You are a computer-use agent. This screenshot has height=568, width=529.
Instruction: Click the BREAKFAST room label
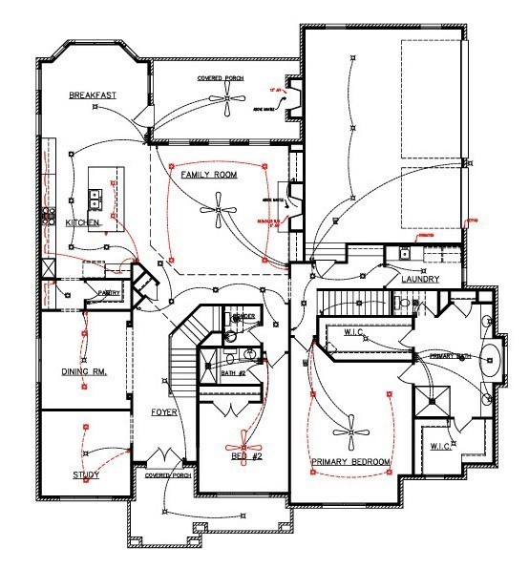92,95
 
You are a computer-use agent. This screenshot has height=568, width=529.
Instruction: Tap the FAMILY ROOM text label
209,176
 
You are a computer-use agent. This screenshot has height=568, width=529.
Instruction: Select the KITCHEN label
83,222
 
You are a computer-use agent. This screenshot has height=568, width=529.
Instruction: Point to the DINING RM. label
82,371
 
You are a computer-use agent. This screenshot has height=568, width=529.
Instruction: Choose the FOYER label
164,412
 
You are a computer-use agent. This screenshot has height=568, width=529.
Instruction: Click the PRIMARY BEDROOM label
351,462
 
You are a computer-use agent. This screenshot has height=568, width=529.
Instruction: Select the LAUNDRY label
419,280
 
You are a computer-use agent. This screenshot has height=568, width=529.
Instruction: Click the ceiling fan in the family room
218,212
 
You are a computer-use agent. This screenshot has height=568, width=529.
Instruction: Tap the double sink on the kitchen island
96,199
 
